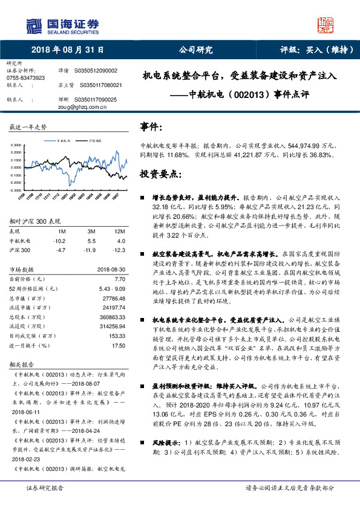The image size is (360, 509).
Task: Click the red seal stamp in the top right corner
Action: coord(326,25)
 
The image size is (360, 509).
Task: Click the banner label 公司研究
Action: coord(195,50)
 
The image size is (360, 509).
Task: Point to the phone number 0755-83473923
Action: coord(25,78)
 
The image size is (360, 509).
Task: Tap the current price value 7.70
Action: coord(120,280)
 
